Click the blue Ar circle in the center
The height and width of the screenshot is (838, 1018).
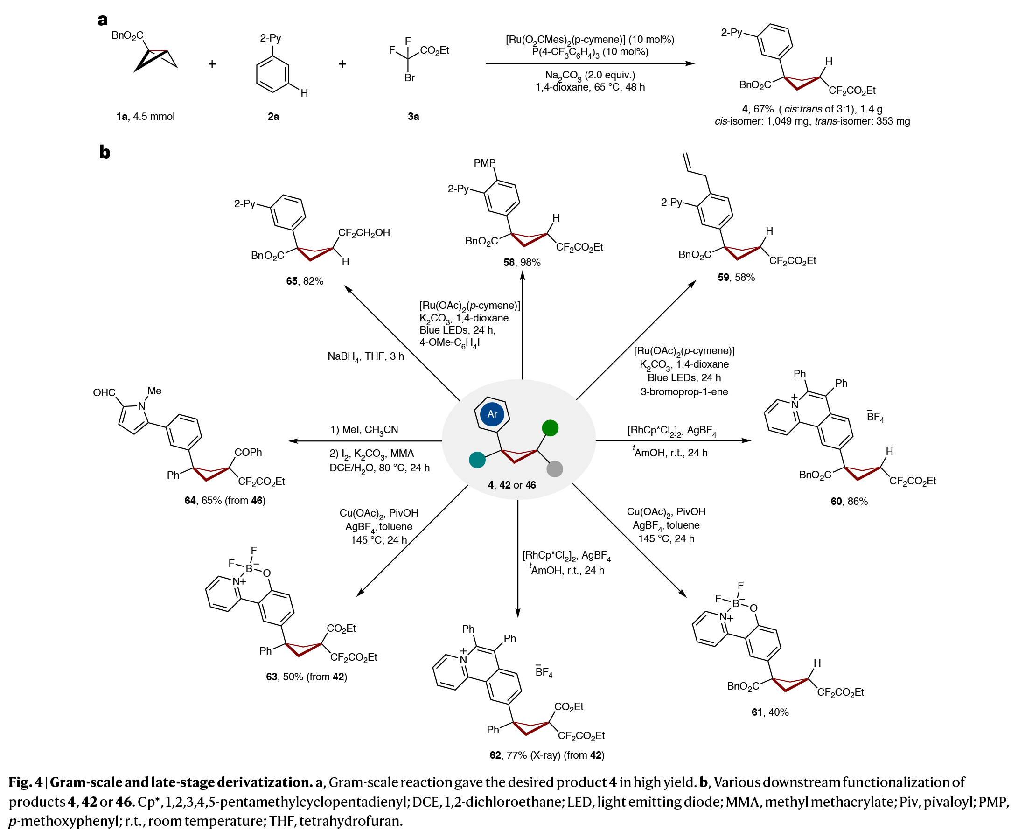tap(492, 414)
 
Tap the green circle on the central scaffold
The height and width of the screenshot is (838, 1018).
tap(550, 428)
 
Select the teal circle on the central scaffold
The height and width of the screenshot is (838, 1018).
tap(477, 460)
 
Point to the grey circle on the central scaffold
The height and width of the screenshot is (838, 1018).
tap(555, 469)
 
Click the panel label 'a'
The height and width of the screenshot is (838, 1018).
tap(102, 20)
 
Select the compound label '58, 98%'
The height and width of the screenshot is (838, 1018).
tap(521, 263)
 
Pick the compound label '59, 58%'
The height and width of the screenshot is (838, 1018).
tap(736, 278)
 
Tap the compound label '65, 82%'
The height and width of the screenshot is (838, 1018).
tap(305, 281)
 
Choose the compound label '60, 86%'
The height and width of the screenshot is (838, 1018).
tap(849, 502)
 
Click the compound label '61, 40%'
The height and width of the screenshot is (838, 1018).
tap(770, 712)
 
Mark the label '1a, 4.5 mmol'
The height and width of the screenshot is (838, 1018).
tap(145, 116)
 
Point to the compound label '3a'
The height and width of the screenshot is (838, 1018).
tap(413, 116)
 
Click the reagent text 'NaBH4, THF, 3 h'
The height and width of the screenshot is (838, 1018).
tap(365, 357)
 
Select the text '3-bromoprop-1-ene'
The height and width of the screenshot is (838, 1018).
tap(683, 392)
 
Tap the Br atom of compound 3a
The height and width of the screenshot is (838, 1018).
tap(409, 78)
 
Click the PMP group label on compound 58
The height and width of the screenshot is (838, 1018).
tap(485, 163)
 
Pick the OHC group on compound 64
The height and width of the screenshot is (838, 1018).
tap(104, 393)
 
